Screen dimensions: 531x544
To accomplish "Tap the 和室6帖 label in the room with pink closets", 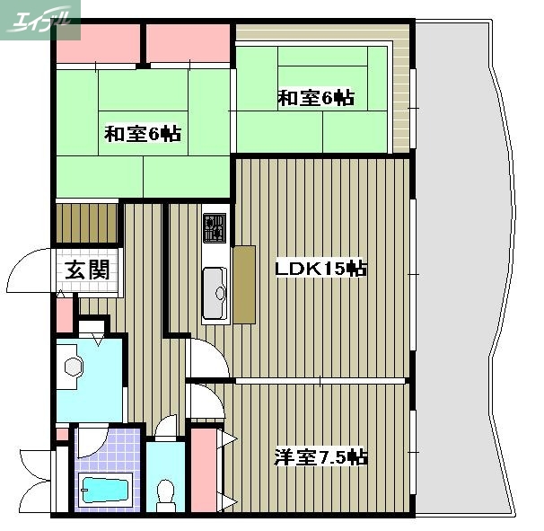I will tap(143, 134).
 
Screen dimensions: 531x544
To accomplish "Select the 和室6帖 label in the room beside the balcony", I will tap(314, 98).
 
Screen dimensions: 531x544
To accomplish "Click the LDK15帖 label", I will tap(320, 269).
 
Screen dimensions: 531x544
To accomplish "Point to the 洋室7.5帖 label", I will tap(320, 457).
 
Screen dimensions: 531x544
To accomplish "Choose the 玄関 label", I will tap(87, 268).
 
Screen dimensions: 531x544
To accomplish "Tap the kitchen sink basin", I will tap(215, 294).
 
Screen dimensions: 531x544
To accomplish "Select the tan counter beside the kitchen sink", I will tap(243, 284).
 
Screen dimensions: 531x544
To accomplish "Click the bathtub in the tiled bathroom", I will tap(106, 491).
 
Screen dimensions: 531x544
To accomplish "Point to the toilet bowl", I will tap(166, 493).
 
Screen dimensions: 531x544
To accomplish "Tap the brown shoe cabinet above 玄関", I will tap(87, 224).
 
